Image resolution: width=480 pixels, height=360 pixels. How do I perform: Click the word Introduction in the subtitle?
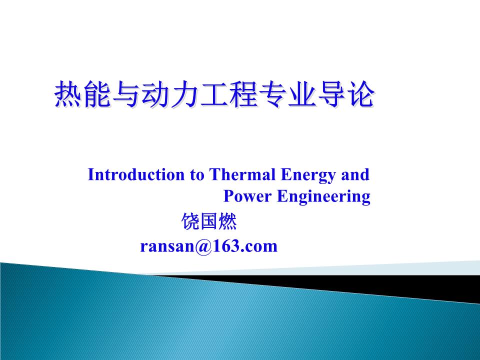coord(136,175)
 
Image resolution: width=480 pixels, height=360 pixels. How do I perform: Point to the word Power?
coord(247,196)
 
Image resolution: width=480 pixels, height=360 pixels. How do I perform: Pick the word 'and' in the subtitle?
coord(355,175)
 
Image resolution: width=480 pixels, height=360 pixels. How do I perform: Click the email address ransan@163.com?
coord(209,246)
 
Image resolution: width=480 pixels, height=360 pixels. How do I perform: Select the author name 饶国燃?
coord(209,221)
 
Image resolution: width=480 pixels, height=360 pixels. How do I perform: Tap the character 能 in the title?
coord(97,94)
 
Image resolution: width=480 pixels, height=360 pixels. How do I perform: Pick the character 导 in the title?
coord(329,94)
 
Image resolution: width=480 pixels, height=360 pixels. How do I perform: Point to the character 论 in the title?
coord(359,94)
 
